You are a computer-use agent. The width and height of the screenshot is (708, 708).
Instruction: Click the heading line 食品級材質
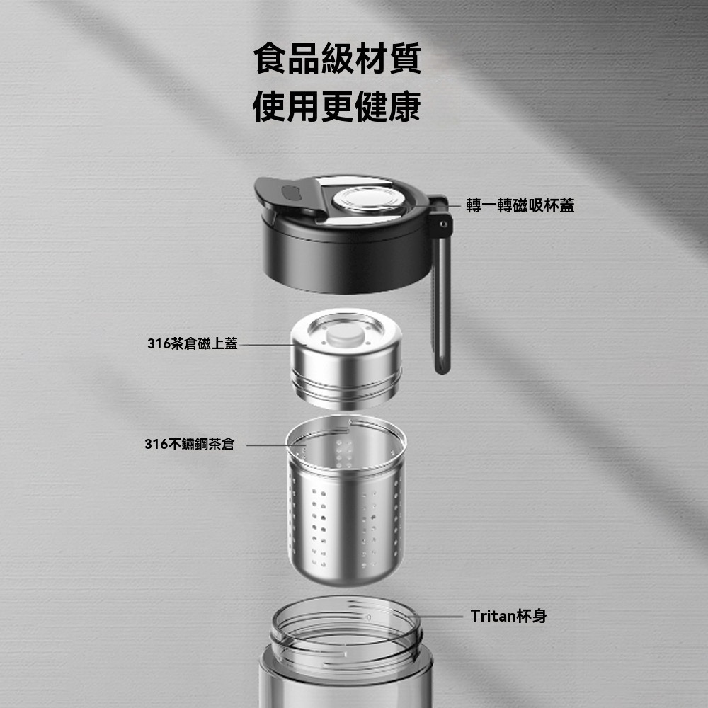click(x=337, y=59)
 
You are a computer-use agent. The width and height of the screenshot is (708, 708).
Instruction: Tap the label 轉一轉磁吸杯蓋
click(x=520, y=206)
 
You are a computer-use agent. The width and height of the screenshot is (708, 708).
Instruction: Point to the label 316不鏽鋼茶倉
click(x=189, y=445)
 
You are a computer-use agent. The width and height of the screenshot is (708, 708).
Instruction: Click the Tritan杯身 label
click(x=508, y=616)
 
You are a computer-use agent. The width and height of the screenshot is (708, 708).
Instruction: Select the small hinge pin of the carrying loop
click(x=443, y=224)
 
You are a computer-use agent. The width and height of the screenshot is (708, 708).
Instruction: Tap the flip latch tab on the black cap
click(x=289, y=192)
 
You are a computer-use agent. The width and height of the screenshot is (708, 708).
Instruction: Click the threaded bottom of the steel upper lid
click(x=347, y=393)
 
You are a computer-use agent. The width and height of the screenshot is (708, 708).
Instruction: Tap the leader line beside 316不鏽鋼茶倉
click(x=265, y=445)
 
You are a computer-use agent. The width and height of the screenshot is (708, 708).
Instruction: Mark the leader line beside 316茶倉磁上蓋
click(x=265, y=345)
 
